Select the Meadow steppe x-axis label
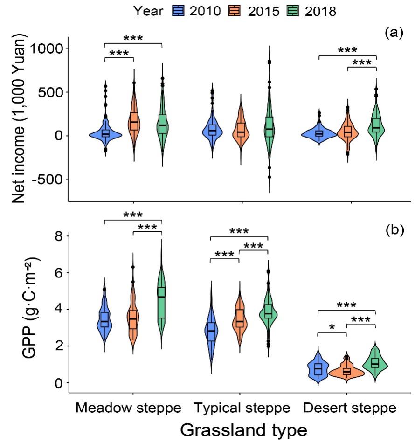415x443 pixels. click(129, 408)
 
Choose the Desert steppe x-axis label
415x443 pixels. click(350, 408)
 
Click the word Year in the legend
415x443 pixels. click(149, 11)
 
